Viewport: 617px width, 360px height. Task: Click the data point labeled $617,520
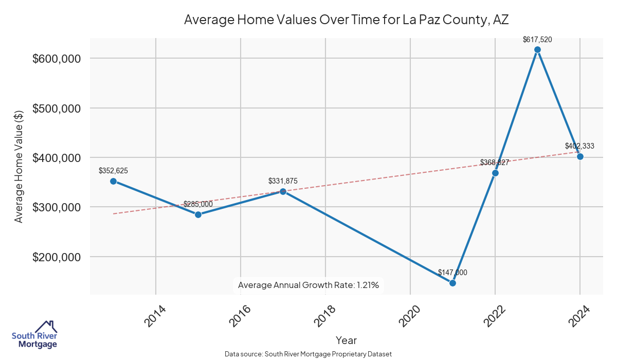[537, 49]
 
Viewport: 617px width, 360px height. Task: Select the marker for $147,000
[452, 283]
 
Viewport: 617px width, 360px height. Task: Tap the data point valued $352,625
[113, 181]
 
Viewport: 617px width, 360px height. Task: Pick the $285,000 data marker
[198, 214]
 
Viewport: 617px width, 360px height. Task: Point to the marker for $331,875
[283, 191]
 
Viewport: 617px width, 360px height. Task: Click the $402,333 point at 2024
[580, 156]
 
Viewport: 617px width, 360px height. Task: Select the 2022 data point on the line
[495, 173]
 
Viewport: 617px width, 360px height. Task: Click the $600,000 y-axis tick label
[57, 59]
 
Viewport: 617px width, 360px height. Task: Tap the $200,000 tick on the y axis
[57, 257]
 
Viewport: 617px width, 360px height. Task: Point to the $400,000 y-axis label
[57, 158]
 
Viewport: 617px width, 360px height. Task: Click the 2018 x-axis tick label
[325, 316]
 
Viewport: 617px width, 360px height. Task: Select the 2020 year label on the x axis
[410, 316]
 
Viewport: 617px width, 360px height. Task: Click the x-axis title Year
[346, 340]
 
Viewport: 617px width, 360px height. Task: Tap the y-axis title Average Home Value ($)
[19, 167]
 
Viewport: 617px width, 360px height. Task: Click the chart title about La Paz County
[346, 20]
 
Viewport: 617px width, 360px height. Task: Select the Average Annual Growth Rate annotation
[308, 285]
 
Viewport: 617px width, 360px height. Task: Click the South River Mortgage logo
[35, 334]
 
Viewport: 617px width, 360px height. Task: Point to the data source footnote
[308, 354]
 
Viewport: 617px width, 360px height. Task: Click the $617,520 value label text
[537, 39]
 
